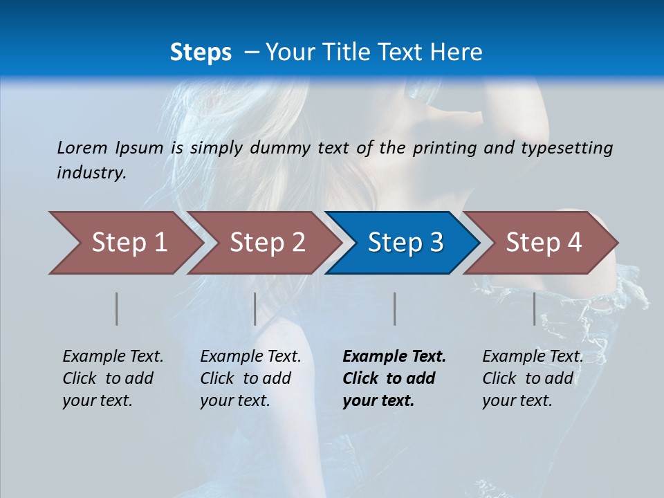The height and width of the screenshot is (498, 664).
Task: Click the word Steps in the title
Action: click(201, 53)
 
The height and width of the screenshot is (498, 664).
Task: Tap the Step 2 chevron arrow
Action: click(267, 242)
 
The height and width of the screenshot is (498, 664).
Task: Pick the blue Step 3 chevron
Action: click(405, 242)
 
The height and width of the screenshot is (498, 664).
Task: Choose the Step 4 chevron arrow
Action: click(544, 242)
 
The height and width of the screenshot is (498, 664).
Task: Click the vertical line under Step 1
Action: click(117, 308)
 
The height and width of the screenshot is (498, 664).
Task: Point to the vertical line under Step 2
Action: click(255, 308)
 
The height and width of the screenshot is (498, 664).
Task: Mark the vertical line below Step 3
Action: click(395, 308)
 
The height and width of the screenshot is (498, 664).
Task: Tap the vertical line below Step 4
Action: click(535, 308)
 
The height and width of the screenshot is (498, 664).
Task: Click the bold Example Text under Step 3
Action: click(394, 356)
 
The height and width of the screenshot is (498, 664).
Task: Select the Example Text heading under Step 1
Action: click(113, 356)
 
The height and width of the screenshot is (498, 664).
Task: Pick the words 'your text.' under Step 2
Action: click(235, 400)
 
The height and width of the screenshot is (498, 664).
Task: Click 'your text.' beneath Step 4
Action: click(517, 400)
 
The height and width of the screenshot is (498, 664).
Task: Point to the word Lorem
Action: click(82, 147)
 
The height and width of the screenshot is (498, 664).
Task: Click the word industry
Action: click(91, 173)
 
